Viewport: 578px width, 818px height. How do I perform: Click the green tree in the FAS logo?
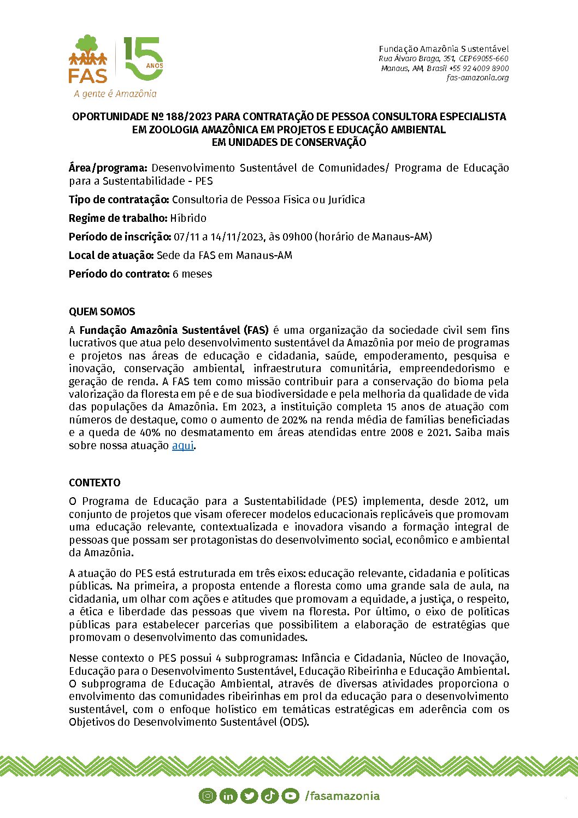pos(87,43)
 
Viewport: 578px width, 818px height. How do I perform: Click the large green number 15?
pos(143,59)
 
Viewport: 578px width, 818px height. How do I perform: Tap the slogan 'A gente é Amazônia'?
pos(115,93)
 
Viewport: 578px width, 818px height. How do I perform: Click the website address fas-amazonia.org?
pos(477,78)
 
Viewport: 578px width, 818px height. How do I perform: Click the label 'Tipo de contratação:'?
pos(119,199)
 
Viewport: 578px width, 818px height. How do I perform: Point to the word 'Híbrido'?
pos(188,218)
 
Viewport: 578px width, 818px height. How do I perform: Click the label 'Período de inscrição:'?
pos(120,237)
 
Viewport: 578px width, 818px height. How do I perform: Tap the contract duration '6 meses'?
pos(192,274)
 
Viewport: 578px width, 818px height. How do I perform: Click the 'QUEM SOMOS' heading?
pos(102,311)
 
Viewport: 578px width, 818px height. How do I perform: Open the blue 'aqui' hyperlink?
pos(182,445)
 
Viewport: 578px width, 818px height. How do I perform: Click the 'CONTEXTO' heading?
pos(95,482)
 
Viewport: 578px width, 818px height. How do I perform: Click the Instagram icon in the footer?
pos(207,796)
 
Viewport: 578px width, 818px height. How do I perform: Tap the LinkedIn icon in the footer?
pos(228,796)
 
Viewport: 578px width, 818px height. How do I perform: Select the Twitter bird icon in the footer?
pos(249,796)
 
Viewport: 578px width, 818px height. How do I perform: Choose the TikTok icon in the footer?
pos(269,796)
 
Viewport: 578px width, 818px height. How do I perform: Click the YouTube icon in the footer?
pos(290,796)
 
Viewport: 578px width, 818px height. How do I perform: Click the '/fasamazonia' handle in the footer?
pos(342,796)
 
